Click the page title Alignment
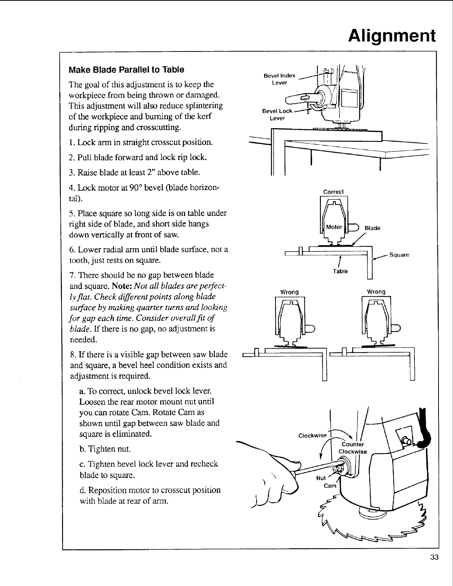392,36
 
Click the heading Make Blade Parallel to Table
126,70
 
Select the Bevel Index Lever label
279,79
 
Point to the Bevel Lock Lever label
277,114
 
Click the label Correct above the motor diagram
334,192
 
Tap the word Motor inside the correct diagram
334,227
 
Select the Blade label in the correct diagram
373,228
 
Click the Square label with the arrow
399,255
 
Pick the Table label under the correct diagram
340,271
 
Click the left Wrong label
289,292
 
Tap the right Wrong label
376,292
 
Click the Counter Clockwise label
353,448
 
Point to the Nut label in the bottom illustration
321,478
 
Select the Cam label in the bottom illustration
330,486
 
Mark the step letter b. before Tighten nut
83,449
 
